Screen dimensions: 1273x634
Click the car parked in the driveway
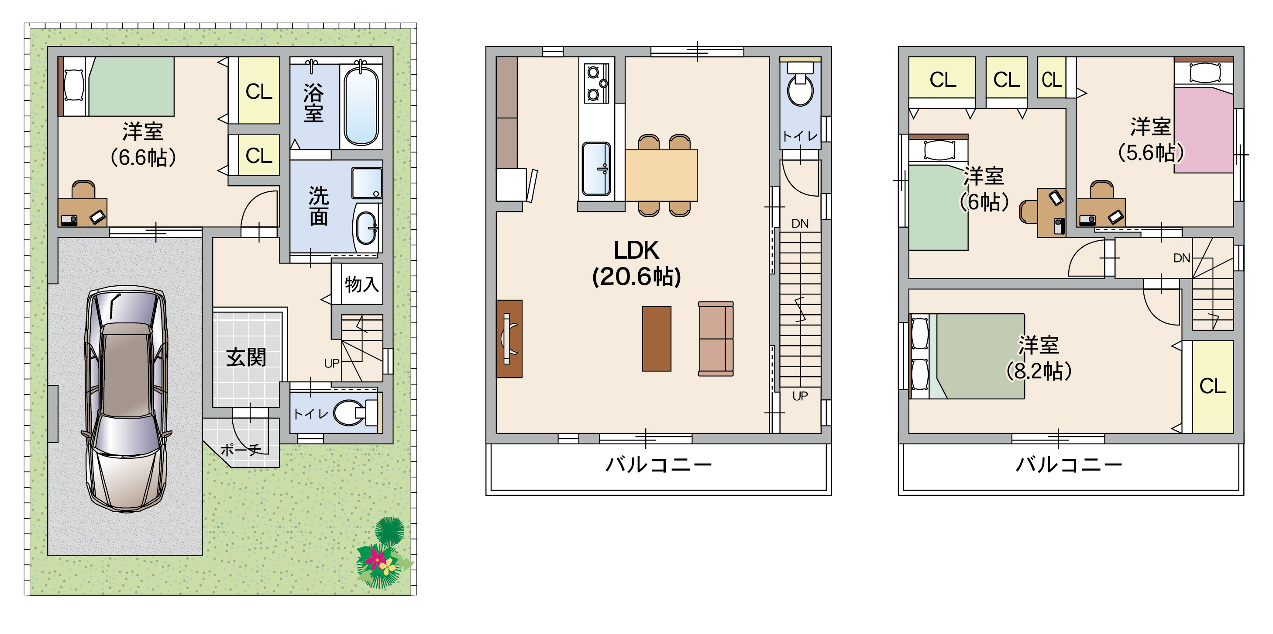(126, 398)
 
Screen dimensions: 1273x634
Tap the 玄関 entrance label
(246, 357)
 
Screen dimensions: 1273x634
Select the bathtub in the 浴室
(361, 106)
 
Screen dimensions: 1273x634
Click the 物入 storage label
(362, 284)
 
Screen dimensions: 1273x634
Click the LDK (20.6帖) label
(636, 263)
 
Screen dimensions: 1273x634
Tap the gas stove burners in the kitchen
(596, 83)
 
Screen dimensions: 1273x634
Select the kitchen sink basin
(596, 169)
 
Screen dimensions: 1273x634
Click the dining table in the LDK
(661, 175)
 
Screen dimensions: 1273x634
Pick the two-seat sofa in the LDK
(716, 339)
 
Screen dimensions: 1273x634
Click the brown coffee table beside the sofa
(656, 339)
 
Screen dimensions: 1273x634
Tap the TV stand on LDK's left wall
(509, 339)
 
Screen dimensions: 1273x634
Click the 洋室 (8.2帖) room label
(1039, 358)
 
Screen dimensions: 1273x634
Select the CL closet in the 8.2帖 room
(1213, 386)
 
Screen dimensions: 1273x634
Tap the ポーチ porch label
(241, 450)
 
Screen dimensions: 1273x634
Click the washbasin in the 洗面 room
(366, 228)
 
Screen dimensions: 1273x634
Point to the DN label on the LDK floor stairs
(800, 224)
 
